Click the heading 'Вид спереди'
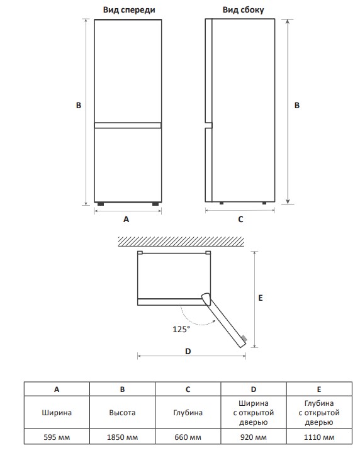click(129, 10)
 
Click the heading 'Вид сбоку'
click(243, 10)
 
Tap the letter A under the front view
click(127, 220)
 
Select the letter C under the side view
click(240, 220)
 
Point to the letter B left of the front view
click(79, 106)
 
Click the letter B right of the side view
click(297, 106)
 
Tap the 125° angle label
click(181, 329)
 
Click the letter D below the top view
click(188, 351)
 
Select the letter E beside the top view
click(261, 298)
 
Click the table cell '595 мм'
click(57, 437)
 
